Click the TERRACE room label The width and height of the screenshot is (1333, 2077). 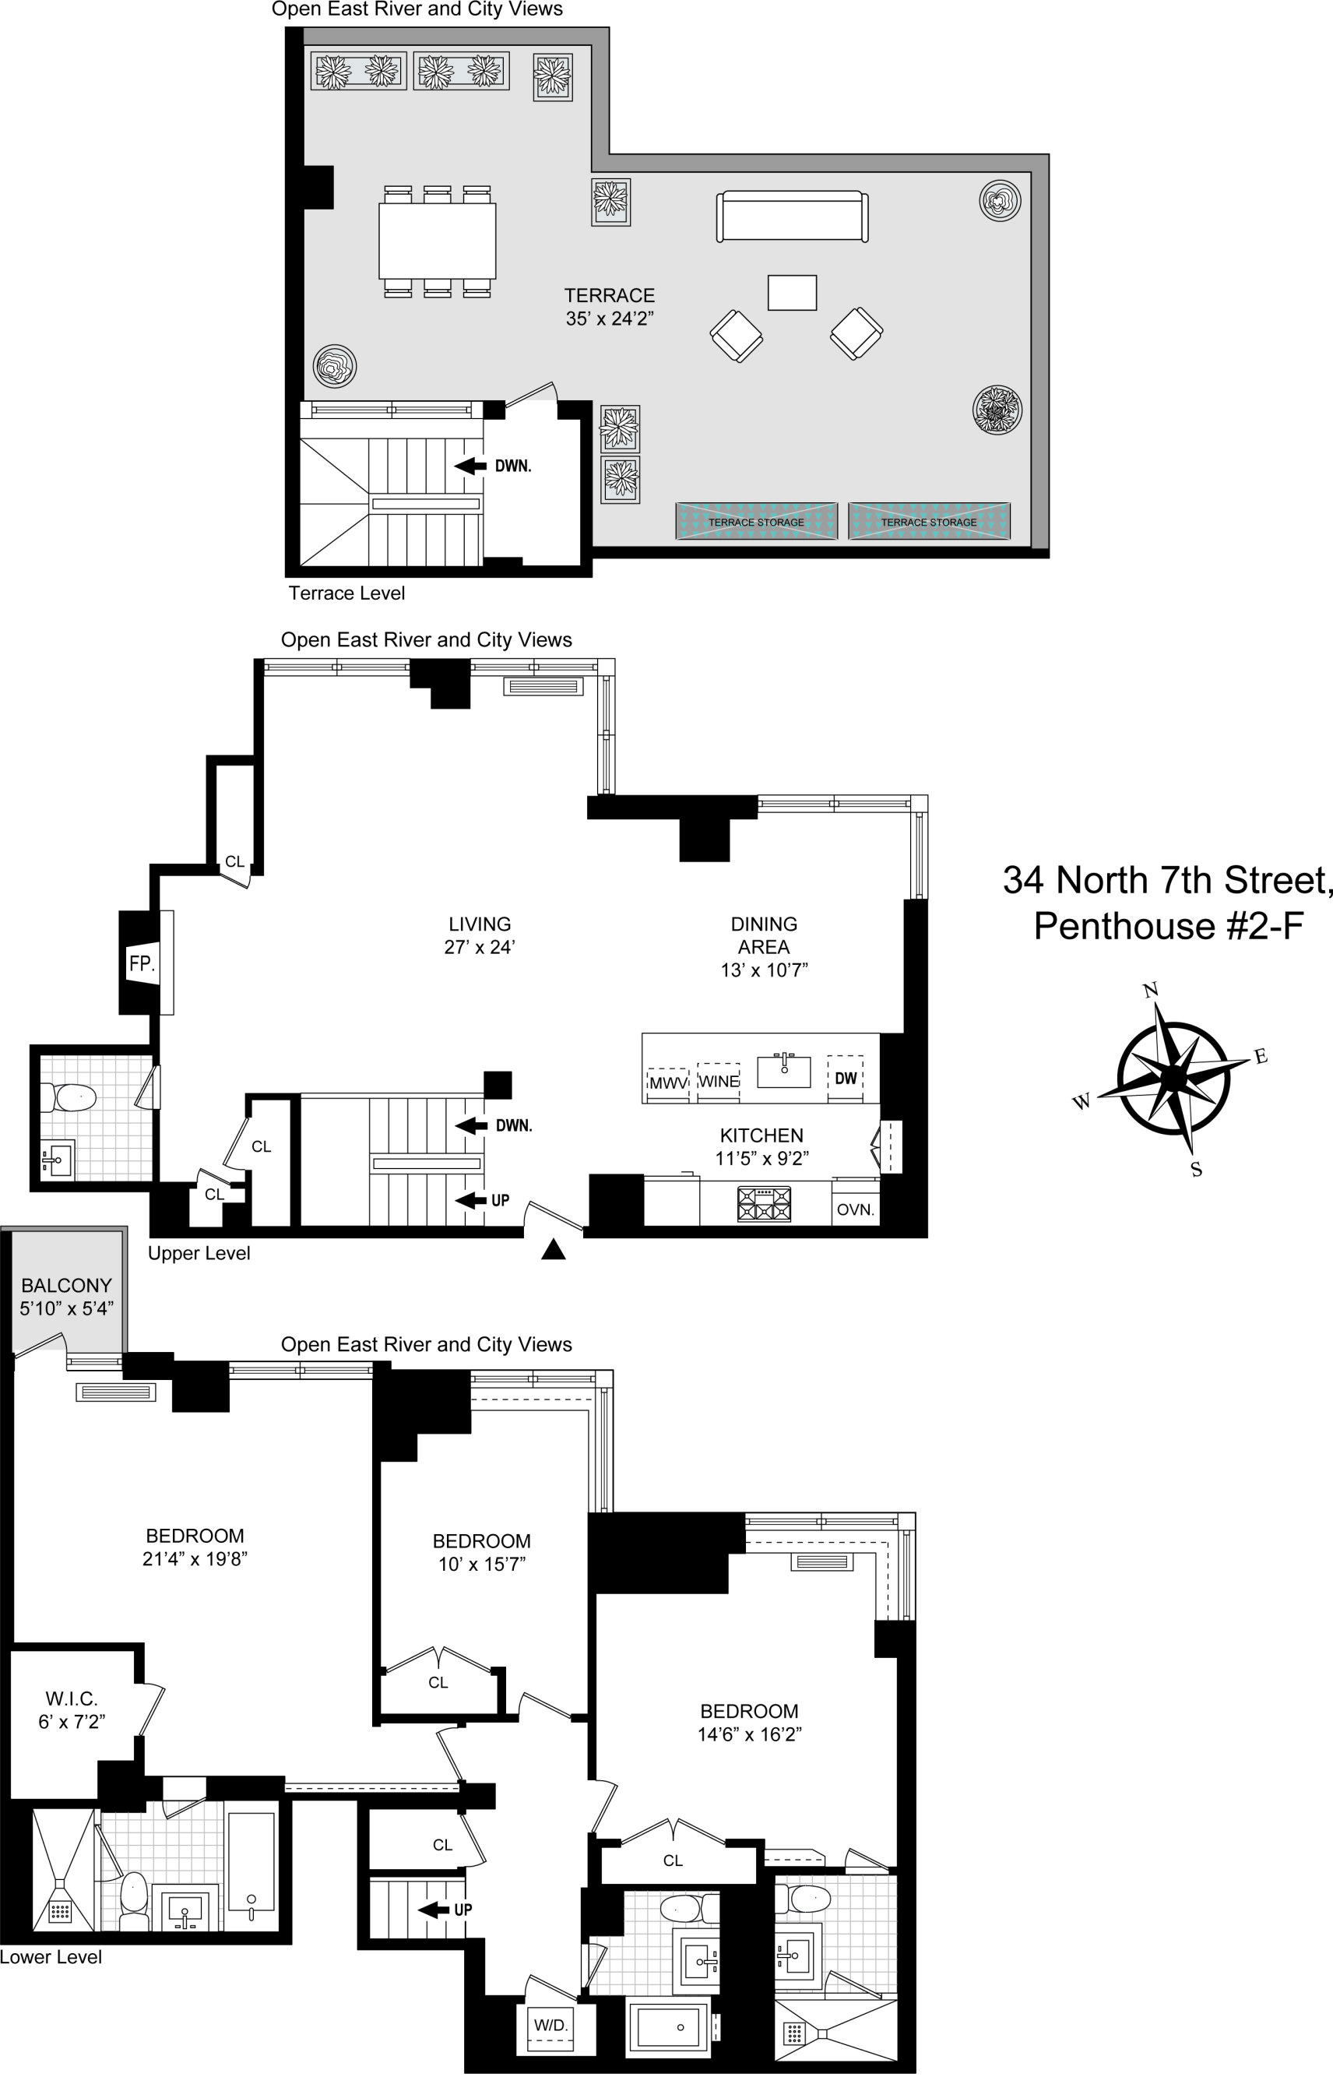coord(610,295)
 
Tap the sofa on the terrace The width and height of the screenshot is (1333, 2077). coord(792,217)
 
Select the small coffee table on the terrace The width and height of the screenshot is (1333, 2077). coord(792,293)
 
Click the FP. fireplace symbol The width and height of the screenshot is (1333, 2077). coord(141,963)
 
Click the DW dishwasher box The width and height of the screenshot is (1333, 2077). coord(846,1078)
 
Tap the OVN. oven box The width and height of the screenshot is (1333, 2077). coord(855,1209)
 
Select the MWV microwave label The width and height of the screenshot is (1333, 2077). coord(667,1083)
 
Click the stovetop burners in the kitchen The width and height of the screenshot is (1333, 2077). coord(764,1203)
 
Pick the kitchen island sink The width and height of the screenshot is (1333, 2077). coord(784,1070)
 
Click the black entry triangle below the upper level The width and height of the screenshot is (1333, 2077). coord(553,1249)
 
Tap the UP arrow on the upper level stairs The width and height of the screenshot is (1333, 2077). coord(472,1200)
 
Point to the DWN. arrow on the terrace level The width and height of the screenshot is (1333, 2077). coord(472,466)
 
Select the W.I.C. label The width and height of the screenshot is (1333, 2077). coord(72,1699)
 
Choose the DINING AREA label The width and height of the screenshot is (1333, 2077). coord(764,935)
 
